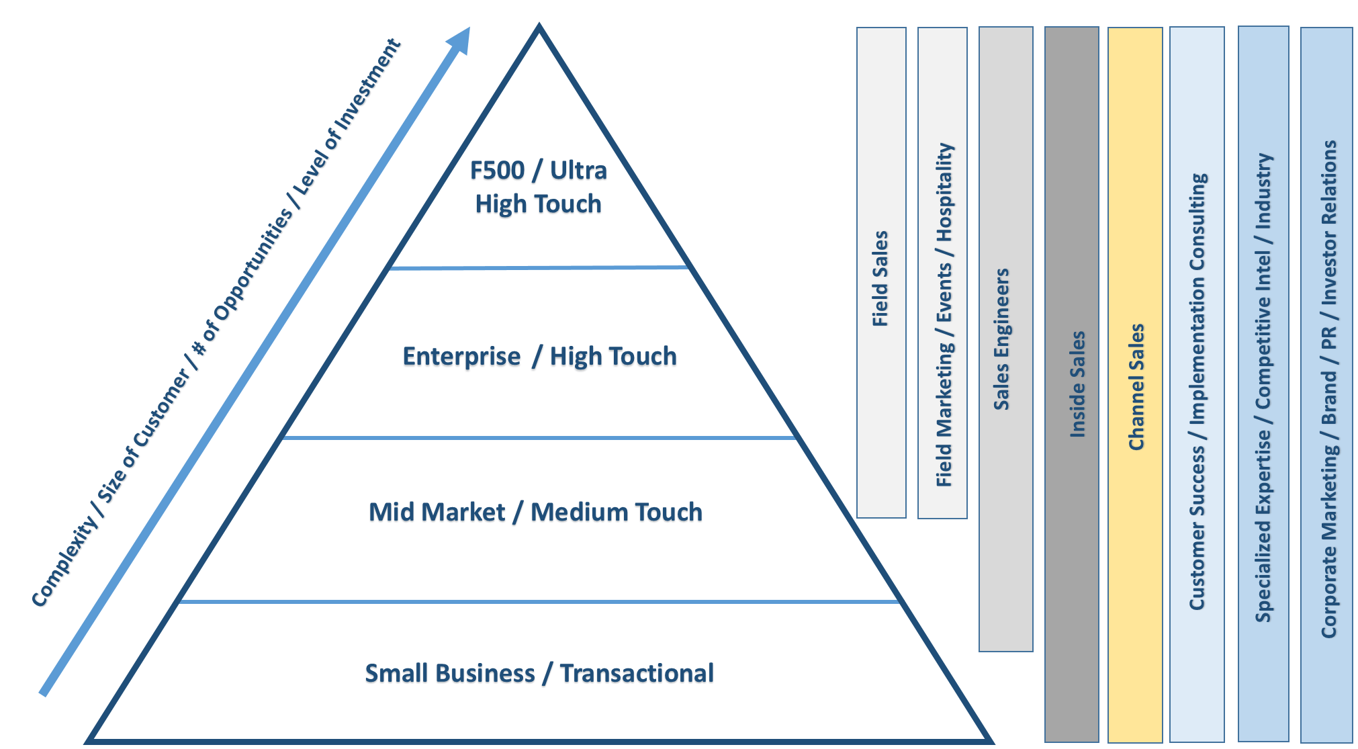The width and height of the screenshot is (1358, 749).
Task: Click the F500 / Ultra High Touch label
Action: (538, 187)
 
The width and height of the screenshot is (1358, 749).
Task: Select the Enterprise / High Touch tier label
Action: (539, 357)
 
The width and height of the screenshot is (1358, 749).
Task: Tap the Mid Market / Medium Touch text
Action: (535, 513)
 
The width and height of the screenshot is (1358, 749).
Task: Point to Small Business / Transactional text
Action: (539, 673)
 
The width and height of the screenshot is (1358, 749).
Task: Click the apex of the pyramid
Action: (538, 28)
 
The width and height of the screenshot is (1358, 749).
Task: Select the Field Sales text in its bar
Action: (880, 279)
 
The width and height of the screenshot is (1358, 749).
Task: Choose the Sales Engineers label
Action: (1002, 339)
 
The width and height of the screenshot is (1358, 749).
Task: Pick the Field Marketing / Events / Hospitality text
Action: (944, 314)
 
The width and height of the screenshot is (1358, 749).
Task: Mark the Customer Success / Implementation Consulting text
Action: (1197, 392)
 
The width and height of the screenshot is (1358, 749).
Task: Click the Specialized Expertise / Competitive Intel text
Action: (1263, 388)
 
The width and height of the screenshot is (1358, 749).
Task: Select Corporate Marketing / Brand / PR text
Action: (1329, 389)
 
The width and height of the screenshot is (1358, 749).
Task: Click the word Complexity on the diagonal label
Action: (64, 563)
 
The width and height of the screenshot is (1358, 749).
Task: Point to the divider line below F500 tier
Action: (538, 268)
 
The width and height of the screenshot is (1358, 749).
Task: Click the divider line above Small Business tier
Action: (538, 601)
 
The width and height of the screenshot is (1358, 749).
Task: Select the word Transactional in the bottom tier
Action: (637, 673)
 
